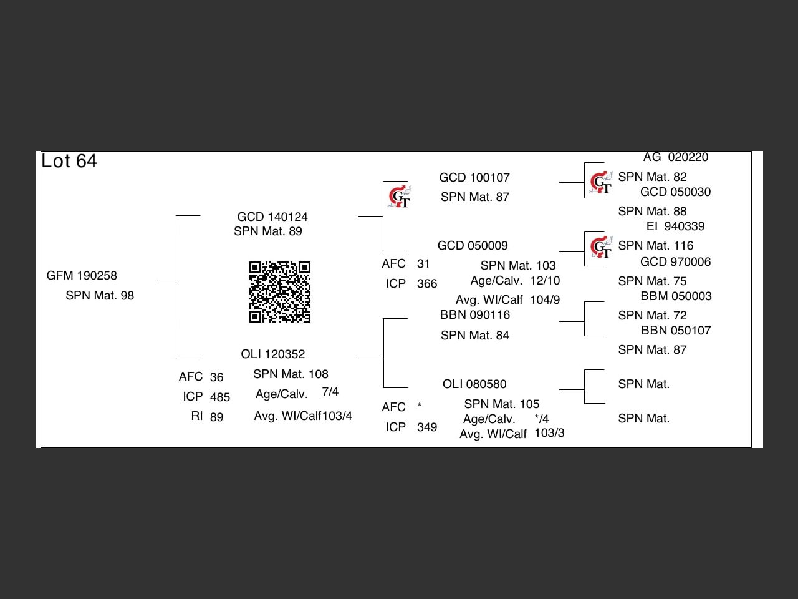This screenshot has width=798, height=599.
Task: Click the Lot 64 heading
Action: tap(69, 161)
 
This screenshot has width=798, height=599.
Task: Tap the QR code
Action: tap(280, 292)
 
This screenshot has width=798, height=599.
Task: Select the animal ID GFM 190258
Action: tap(82, 275)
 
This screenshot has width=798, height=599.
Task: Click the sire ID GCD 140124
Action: tap(272, 217)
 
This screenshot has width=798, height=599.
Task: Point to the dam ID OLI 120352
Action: tap(273, 354)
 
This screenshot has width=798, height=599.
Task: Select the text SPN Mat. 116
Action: tap(656, 245)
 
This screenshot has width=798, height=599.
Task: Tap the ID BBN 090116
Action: tap(475, 314)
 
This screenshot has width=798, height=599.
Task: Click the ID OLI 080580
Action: tap(474, 384)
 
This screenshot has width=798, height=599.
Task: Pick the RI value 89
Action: tap(216, 417)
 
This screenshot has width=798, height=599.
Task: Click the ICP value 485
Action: tap(220, 397)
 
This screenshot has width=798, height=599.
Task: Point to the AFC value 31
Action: tap(423, 263)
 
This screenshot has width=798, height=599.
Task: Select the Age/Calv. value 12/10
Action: tap(545, 280)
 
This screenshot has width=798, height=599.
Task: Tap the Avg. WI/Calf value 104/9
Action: tap(545, 299)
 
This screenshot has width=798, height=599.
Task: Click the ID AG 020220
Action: tap(676, 157)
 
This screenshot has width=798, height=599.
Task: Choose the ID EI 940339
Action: tap(676, 226)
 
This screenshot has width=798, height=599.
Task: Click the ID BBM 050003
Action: tap(676, 296)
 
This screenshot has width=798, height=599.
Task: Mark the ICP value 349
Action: tap(427, 427)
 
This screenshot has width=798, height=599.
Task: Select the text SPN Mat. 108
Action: tap(291, 374)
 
